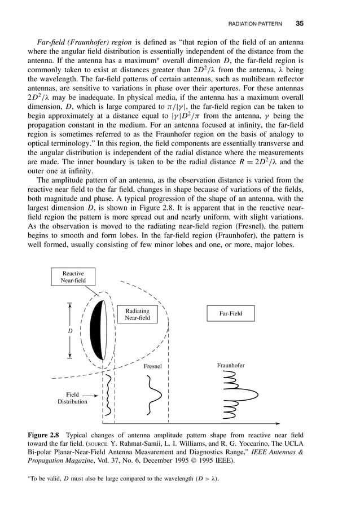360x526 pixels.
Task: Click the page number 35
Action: tap(300, 24)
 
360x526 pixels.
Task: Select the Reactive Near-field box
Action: tap(73, 277)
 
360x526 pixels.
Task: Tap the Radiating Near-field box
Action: tap(137, 314)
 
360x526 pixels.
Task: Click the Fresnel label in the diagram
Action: tap(152, 366)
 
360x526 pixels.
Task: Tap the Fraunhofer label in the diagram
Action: tap(231, 366)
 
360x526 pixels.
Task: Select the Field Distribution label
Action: tap(72, 398)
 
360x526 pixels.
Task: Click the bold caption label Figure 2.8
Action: tap(45, 435)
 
